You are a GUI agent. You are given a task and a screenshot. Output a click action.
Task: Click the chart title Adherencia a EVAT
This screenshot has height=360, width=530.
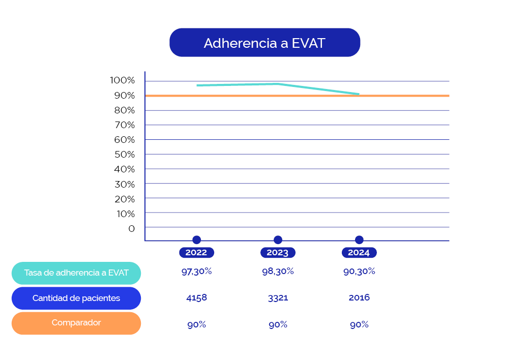point(264,43)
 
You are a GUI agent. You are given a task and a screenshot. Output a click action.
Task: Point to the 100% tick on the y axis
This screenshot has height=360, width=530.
point(122,80)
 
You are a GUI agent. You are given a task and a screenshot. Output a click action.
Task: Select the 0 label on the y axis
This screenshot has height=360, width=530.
point(132,228)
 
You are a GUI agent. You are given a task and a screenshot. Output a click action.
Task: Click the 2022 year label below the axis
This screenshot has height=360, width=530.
point(196,253)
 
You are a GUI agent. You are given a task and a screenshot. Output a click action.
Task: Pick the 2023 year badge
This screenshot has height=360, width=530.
point(278,253)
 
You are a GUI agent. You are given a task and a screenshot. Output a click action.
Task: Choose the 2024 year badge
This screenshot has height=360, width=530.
point(359,253)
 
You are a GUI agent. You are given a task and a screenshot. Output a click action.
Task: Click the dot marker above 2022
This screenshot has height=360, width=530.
point(197,240)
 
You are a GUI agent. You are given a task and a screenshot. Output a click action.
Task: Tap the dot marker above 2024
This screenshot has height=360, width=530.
point(359,240)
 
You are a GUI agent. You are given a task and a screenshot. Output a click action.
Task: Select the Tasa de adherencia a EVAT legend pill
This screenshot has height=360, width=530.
point(76,273)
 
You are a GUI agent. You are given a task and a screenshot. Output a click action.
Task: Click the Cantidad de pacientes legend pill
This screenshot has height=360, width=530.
point(76,298)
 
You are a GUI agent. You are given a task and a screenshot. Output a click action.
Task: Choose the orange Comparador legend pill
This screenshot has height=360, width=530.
point(76,323)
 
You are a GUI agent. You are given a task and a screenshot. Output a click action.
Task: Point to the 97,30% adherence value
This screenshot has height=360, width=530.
point(196,272)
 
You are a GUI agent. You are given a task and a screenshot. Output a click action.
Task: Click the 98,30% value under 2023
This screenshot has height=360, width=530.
point(278,272)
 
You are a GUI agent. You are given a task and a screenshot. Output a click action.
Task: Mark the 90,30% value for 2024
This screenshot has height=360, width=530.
point(359,272)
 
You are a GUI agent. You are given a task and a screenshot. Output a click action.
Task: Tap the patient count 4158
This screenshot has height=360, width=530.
point(196,297)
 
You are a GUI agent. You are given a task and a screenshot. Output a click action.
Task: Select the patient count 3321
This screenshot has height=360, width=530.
point(278,297)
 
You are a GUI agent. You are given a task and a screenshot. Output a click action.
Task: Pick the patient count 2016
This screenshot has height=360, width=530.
point(359,297)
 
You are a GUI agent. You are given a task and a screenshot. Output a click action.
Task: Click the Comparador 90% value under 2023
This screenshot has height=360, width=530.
point(278,324)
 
